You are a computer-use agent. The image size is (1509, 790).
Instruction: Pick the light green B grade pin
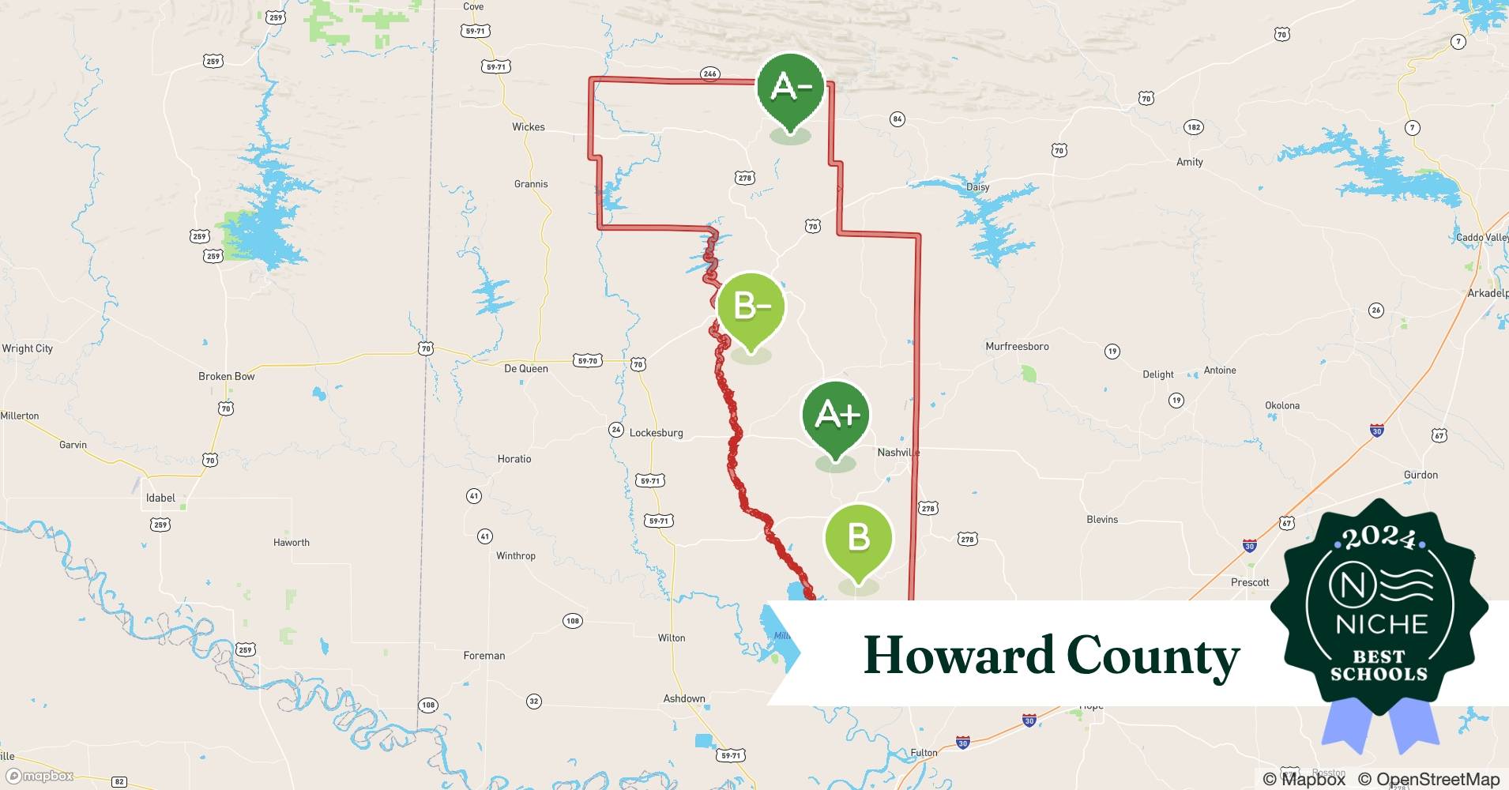pyautogui.click(x=858, y=540)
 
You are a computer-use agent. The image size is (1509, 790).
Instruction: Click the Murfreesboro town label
pyautogui.click(x=1017, y=347)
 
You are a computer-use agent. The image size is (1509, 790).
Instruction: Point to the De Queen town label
pyautogui.click(x=525, y=369)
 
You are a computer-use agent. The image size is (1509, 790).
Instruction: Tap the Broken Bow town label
pyautogui.click(x=226, y=377)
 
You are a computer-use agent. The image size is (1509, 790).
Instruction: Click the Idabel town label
pyautogui.click(x=160, y=498)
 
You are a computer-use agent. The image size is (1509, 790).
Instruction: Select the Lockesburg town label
pyautogui.click(x=656, y=433)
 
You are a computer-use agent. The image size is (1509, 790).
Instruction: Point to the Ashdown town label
pyautogui.click(x=683, y=699)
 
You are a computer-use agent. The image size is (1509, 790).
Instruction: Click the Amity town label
pyautogui.click(x=1189, y=162)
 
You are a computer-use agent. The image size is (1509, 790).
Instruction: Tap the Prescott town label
pyautogui.click(x=1250, y=583)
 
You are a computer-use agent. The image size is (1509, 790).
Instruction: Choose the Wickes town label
pyautogui.click(x=528, y=127)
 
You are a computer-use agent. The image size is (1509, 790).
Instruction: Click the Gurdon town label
pyautogui.click(x=1421, y=476)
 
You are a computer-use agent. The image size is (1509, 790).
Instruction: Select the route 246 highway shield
pyautogui.click(x=709, y=74)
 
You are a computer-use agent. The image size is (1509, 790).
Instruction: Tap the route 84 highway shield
pyautogui.click(x=897, y=119)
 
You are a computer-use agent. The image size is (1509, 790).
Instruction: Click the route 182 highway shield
pyautogui.click(x=1194, y=127)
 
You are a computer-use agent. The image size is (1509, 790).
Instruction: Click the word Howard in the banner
pyautogui.click(x=958, y=656)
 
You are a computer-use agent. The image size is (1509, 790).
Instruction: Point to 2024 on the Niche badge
pyautogui.click(x=1379, y=538)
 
